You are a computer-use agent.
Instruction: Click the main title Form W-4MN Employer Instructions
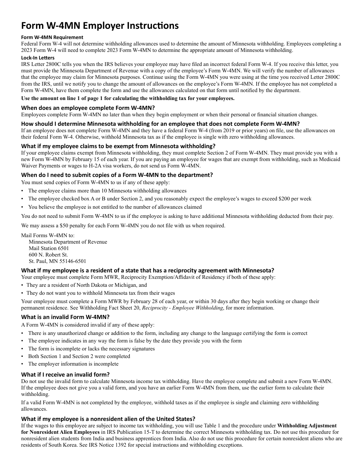(100, 26)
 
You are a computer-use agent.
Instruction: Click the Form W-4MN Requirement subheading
(52, 37)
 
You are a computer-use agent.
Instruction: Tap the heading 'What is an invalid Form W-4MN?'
(65, 317)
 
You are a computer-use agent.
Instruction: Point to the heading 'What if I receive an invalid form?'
(65, 374)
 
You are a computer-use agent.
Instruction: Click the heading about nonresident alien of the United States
(108, 419)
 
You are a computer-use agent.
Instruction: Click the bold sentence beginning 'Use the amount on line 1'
(128, 99)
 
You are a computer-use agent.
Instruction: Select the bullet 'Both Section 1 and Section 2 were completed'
(79, 357)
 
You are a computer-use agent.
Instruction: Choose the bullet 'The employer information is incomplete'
(73, 364)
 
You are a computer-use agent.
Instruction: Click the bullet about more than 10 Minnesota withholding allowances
(107, 191)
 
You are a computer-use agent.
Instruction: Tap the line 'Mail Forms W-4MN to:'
(48, 235)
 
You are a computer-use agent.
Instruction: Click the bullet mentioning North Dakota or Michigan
(86, 285)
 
